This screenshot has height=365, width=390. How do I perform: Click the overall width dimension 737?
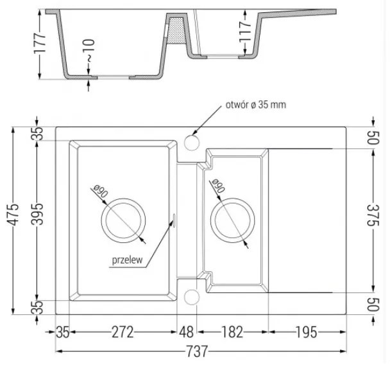(x=196, y=352)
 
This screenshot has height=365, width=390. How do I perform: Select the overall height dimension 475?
(x=12, y=215)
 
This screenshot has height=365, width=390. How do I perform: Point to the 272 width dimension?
(x=123, y=332)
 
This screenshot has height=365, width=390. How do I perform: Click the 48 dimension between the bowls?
(x=187, y=332)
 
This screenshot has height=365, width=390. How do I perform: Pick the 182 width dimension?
(x=232, y=332)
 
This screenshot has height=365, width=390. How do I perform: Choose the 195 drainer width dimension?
(x=306, y=332)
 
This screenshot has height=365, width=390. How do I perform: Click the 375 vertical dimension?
(x=373, y=215)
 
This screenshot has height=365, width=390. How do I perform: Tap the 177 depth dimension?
(x=40, y=43)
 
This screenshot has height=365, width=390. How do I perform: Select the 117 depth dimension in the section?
(x=245, y=31)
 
